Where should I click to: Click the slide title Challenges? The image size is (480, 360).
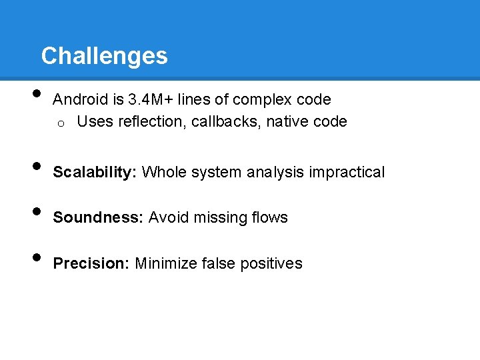coord(104,55)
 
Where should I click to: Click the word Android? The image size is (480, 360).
coord(81,100)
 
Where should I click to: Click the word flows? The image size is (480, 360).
coord(269,217)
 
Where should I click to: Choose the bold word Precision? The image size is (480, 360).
coord(91,263)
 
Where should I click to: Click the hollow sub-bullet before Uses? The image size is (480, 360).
coord(59,123)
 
